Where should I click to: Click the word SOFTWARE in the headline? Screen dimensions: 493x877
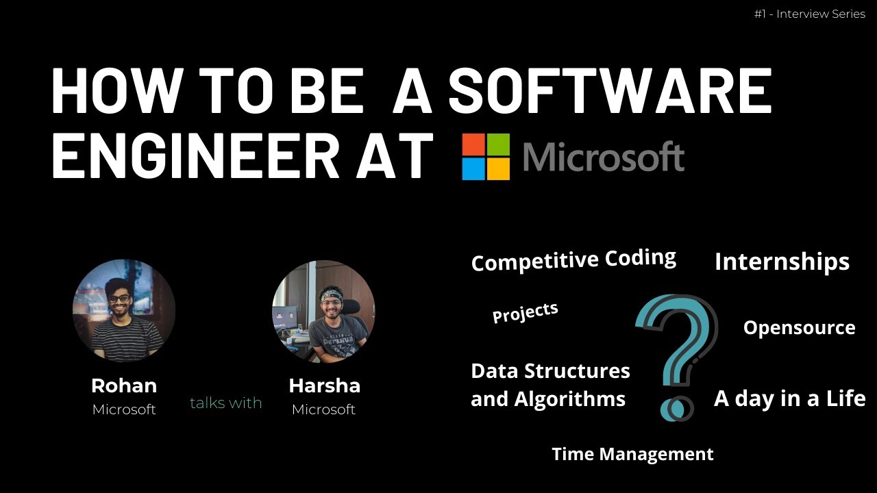[609, 91]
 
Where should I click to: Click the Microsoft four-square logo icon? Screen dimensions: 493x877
[486, 157]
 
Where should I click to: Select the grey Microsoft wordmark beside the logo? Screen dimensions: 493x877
[603, 157]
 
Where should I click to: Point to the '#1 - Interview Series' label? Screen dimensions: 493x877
[809, 14]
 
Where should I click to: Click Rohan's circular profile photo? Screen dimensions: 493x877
[124, 310]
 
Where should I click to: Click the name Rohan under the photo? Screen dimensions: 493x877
[124, 385]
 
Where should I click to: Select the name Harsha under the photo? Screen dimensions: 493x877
[324, 385]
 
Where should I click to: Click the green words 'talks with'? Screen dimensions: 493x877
[226, 403]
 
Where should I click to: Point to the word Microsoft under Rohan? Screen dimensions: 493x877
[124, 409]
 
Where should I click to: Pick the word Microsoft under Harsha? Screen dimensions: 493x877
[324, 409]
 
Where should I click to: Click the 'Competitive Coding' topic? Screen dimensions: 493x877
[573, 260]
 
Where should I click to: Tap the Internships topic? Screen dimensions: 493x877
[782, 262]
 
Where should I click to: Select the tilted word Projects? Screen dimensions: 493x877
[526, 312]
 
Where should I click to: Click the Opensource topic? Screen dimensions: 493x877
[799, 328]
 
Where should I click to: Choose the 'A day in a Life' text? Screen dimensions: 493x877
[789, 399]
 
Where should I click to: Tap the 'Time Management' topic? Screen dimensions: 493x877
[632, 454]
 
